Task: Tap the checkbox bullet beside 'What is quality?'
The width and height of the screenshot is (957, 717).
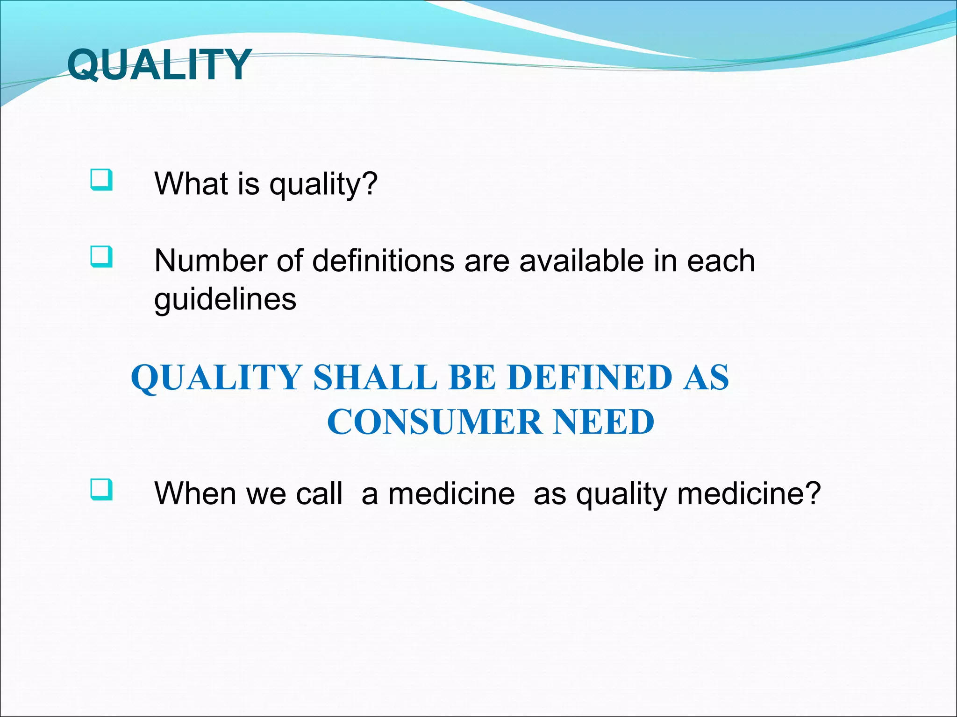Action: [x=101, y=180]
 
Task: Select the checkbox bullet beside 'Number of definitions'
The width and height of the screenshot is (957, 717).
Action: [x=101, y=257]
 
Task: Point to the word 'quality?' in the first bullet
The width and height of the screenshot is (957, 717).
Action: [x=323, y=184]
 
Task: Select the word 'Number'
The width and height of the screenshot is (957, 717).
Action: [x=210, y=260]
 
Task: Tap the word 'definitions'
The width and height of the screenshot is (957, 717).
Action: [x=383, y=260]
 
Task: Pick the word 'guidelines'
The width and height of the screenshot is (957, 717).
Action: [x=225, y=299]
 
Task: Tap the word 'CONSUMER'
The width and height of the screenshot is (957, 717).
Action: [x=435, y=422]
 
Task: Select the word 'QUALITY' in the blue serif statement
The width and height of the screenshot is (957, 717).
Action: [x=216, y=377]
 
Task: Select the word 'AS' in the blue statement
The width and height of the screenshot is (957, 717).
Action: [x=705, y=377]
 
